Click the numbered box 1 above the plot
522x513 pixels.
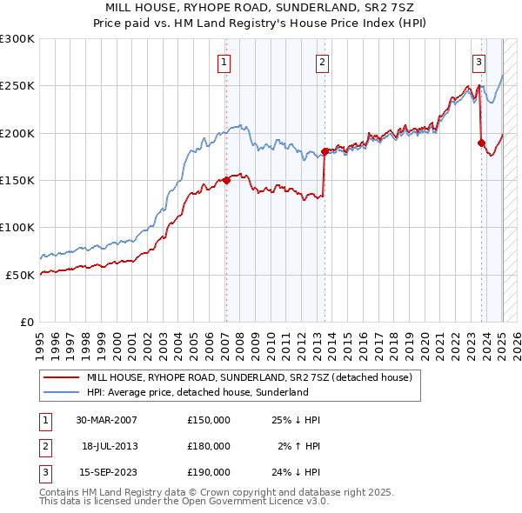(x=224, y=62)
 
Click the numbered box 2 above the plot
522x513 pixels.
(x=323, y=62)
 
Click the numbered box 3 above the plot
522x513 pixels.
(x=479, y=62)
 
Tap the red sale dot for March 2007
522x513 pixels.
(x=226, y=180)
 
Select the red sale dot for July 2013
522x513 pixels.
(x=325, y=151)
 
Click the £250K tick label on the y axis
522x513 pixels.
(x=17, y=86)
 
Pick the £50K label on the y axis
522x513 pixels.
(x=20, y=275)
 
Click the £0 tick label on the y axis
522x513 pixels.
(x=27, y=322)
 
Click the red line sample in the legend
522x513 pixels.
(x=60, y=378)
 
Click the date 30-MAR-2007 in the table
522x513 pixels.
(x=106, y=420)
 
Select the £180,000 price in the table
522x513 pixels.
(x=209, y=446)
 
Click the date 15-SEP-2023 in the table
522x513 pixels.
(x=106, y=472)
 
